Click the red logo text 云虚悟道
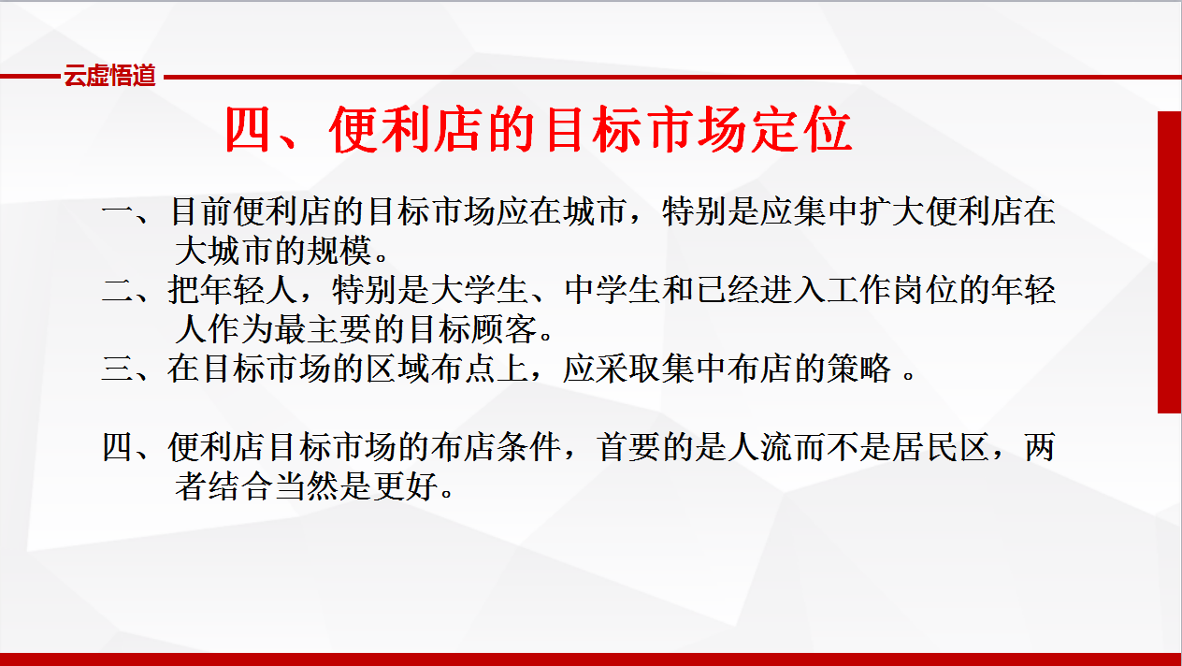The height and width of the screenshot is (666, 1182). [x=109, y=76]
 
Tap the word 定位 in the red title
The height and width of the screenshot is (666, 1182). [x=801, y=130]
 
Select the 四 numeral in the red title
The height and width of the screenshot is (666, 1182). [x=248, y=130]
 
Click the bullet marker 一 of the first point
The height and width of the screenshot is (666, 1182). [x=118, y=212]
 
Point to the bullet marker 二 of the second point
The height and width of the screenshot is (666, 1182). [x=118, y=291]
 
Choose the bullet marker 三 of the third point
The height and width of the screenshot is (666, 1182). [x=118, y=369]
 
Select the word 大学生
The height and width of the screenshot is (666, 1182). [x=479, y=291]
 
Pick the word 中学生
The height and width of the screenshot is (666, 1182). [x=613, y=291]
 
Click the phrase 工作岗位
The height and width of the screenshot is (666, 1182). [x=892, y=291]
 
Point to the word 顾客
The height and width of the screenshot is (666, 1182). [x=505, y=329]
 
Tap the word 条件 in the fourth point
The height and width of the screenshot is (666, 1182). [x=528, y=447]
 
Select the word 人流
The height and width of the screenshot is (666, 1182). [x=760, y=447]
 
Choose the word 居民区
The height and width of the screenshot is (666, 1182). [x=941, y=447]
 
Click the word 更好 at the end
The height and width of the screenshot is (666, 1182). [x=405, y=486]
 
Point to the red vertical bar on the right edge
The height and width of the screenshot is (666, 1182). [x=1169, y=262]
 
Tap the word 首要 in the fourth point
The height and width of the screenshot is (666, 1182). [x=629, y=447]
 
